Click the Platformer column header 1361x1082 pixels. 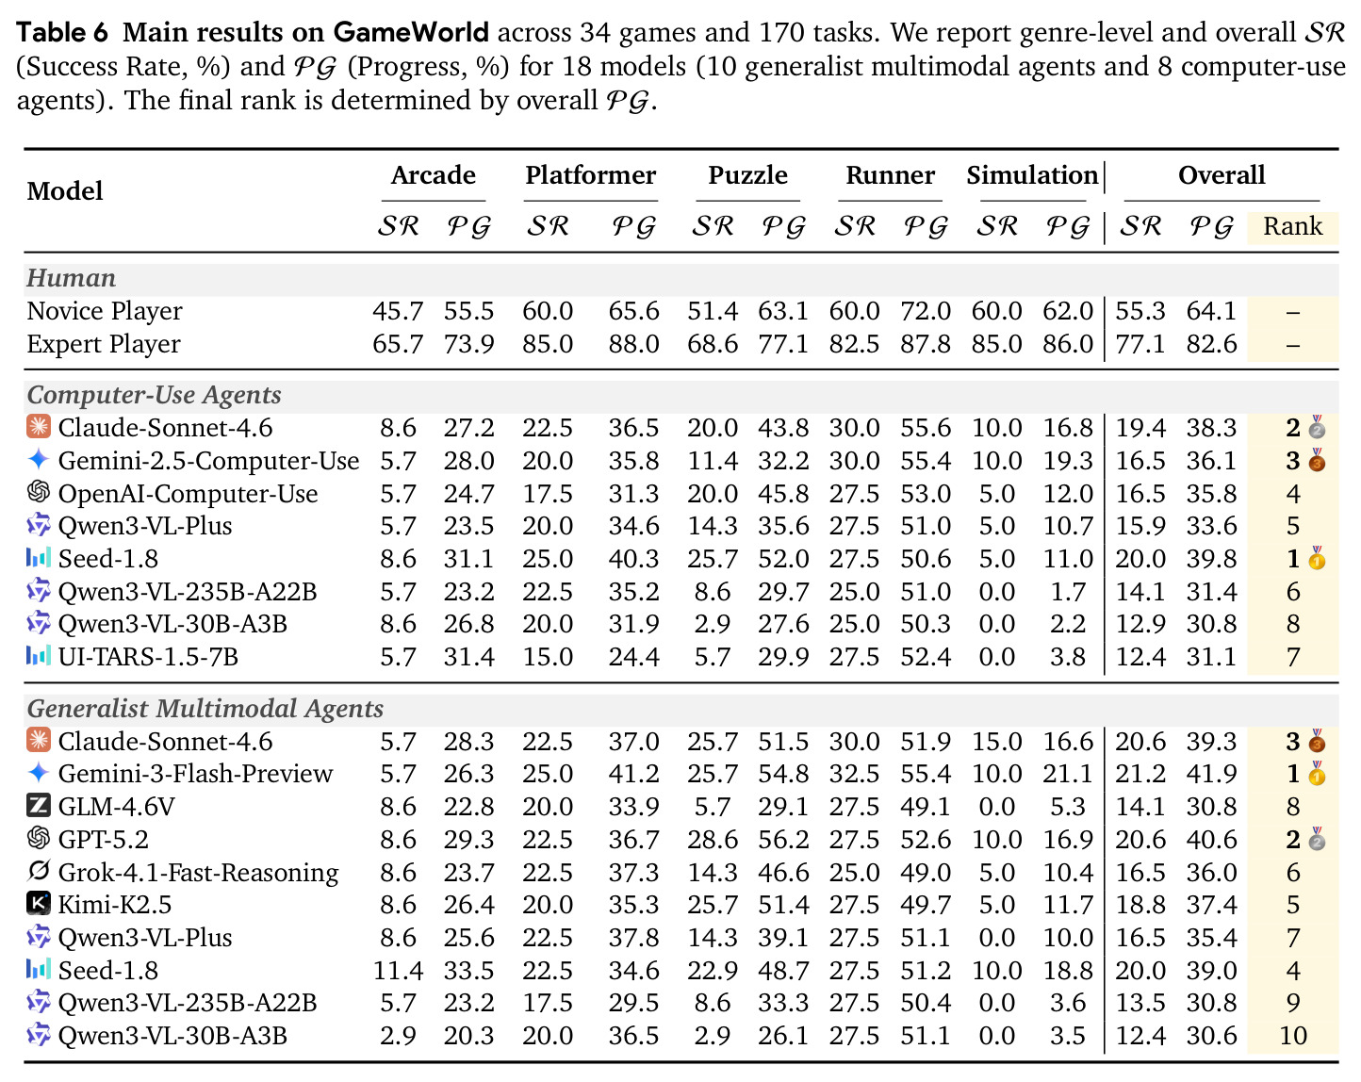(x=590, y=175)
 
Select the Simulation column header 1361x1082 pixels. (x=1031, y=175)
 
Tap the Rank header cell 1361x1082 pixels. (x=1292, y=226)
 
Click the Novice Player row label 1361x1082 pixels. (x=105, y=311)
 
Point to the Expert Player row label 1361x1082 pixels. (x=104, y=345)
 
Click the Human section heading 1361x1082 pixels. (x=71, y=278)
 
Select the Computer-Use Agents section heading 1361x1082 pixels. (x=154, y=395)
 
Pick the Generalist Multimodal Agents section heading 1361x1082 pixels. (x=205, y=708)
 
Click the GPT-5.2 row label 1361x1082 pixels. (x=103, y=839)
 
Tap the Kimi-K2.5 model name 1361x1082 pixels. (x=114, y=904)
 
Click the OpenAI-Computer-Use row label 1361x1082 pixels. (x=188, y=494)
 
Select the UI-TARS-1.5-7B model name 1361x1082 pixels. (x=148, y=656)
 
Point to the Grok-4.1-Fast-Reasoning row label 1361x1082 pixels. (x=198, y=873)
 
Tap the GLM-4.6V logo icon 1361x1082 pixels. (x=38, y=806)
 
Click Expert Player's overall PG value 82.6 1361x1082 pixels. (x=1211, y=345)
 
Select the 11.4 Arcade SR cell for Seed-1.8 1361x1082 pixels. (x=398, y=971)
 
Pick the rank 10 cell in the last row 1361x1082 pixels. (x=1293, y=1036)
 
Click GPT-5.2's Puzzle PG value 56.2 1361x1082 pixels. (x=783, y=840)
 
